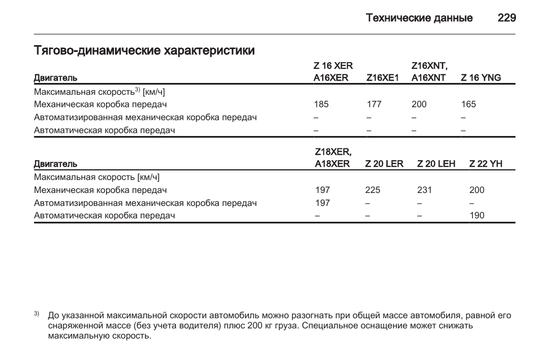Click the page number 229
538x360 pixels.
[x=506, y=17]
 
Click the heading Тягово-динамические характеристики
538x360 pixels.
[x=144, y=51]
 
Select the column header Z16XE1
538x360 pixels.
[x=382, y=78]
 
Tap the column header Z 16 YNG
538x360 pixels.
[x=480, y=78]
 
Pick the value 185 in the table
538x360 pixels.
[x=321, y=104]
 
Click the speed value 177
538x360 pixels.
[x=374, y=104]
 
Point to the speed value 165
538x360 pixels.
[x=468, y=104]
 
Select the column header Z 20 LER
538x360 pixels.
[x=384, y=164]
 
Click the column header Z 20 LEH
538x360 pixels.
[x=436, y=164]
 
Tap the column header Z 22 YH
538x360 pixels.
[x=486, y=164]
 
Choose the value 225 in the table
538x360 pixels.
[x=373, y=190]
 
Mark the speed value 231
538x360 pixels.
[x=424, y=190]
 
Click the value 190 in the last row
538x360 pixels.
[x=477, y=216]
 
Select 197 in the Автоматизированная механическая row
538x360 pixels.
[x=323, y=203]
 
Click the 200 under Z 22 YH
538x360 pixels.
[x=477, y=190]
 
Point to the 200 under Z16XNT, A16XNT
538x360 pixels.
[x=419, y=104]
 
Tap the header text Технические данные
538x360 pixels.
[x=419, y=18]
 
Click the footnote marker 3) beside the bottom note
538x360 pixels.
[x=36, y=314]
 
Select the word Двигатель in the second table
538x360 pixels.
[x=55, y=164]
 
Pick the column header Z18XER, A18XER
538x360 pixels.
[x=333, y=158]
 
